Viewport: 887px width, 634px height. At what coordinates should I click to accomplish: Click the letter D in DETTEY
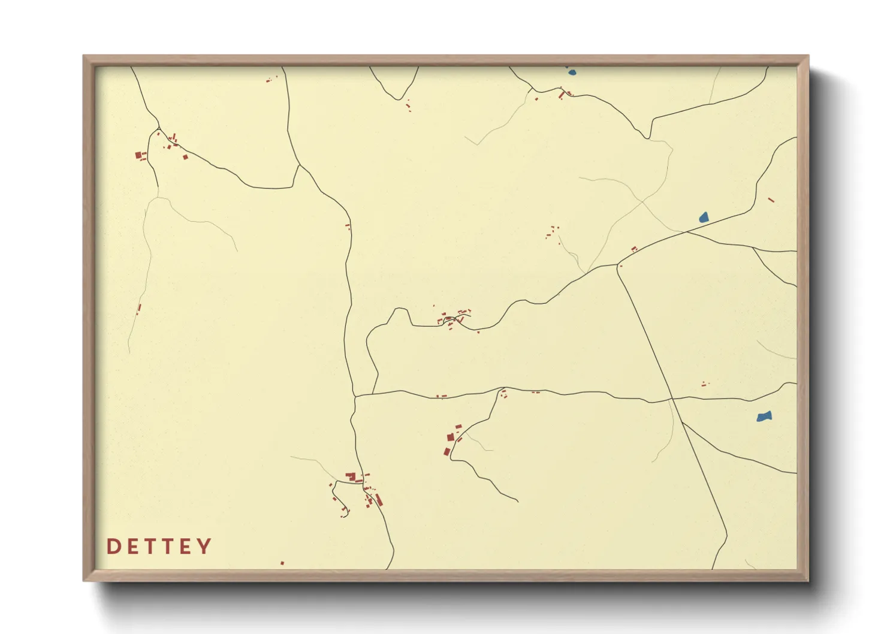click(113, 547)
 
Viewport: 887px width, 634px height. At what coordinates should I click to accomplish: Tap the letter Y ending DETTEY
click(204, 547)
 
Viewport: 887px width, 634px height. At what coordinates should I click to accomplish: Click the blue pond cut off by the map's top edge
click(571, 73)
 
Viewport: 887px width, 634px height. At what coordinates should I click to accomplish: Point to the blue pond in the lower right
click(764, 416)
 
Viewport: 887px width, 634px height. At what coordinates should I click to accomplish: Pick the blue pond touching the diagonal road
click(704, 217)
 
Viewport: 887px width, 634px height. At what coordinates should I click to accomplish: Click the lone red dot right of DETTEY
click(282, 563)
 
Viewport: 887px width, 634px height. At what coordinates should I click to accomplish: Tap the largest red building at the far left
click(138, 155)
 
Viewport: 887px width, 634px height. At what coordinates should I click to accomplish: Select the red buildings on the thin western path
click(139, 309)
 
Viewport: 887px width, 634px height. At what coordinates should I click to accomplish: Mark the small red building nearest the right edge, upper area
click(771, 200)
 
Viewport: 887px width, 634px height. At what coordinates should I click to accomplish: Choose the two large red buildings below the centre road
click(449, 444)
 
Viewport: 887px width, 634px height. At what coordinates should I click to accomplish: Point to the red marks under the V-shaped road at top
click(409, 105)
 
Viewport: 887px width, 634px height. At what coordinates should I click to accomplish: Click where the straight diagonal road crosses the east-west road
click(672, 398)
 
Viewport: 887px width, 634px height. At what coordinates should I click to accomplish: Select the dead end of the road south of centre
click(518, 501)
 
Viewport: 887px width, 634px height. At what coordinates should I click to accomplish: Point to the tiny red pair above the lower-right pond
click(705, 384)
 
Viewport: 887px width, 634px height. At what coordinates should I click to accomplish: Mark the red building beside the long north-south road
click(348, 226)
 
